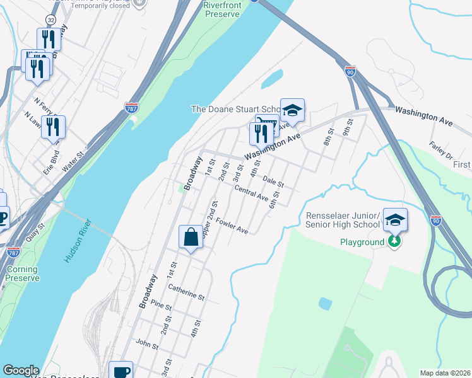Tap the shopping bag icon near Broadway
pyautogui.click(x=191, y=238)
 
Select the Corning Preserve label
pyautogui.click(x=22, y=273)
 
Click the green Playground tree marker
pyautogui.click(x=394, y=242)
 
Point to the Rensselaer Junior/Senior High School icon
pyautogui.click(x=395, y=220)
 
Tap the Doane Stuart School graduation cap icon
pyautogui.click(x=292, y=110)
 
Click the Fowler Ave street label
pyautogui.click(x=232, y=226)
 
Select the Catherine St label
pyautogui.click(x=186, y=292)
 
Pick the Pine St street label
pyautogui.click(x=162, y=306)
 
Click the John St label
pyautogui.click(x=146, y=344)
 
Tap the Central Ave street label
pyautogui.click(x=251, y=193)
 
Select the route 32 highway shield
pyautogui.click(x=51, y=20)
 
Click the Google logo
pyautogui.click(x=21, y=370)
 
